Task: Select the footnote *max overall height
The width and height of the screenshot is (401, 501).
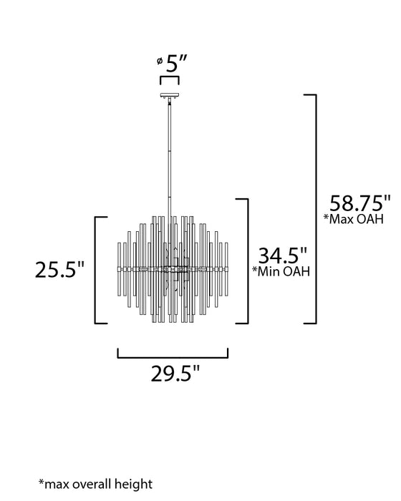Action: [95, 485]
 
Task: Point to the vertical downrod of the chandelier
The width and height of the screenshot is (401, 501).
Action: [170, 157]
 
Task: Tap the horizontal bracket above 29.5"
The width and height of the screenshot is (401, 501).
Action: [173, 354]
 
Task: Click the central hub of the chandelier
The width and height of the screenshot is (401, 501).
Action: [170, 269]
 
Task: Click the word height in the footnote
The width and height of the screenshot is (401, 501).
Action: [136, 485]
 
